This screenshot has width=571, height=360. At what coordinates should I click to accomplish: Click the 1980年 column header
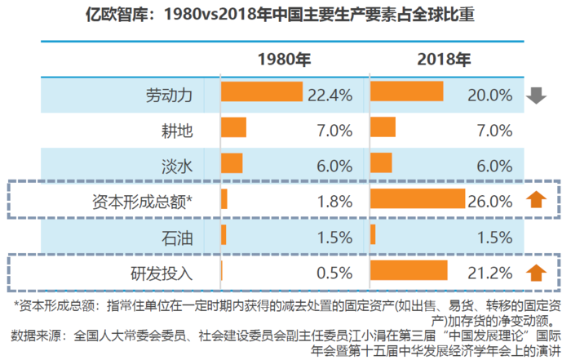tap(284, 60)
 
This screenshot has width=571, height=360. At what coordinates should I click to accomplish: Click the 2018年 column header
tap(443, 60)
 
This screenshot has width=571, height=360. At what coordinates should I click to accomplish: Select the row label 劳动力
tap(170, 95)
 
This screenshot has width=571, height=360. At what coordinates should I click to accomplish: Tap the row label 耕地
tap(178, 130)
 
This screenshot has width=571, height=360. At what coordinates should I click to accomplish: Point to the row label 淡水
tap(178, 164)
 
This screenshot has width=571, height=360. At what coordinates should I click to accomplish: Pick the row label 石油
tap(178, 237)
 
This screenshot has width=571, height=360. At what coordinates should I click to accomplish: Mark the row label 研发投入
tap(162, 272)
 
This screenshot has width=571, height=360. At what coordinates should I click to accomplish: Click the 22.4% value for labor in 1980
tap(330, 95)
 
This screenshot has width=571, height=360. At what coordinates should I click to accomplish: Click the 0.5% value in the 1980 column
tap(335, 272)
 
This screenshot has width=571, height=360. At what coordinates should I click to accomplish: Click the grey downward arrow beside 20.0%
tap(535, 95)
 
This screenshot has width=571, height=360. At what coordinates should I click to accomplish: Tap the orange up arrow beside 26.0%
tap(535, 200)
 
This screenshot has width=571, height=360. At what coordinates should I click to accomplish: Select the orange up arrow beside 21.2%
tap(535, 272)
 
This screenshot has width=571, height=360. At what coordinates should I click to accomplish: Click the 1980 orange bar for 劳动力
tap(261, 93)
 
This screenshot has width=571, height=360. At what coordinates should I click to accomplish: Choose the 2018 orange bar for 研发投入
tap(409, 270)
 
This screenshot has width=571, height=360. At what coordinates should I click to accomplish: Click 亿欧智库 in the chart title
tap(117, 16)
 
